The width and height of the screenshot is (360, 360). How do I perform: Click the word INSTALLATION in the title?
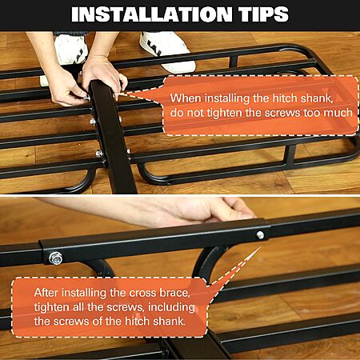152,14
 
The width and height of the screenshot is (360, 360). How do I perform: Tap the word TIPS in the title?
265,14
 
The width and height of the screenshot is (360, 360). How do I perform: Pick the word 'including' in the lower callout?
171,307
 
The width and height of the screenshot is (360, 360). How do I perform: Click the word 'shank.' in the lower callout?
170,322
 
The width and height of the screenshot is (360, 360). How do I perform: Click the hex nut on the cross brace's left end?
56,258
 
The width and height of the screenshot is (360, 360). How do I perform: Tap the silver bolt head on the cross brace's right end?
260,235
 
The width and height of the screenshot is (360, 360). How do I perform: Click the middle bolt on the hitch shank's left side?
93,122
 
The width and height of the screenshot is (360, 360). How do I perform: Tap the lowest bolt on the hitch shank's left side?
99,154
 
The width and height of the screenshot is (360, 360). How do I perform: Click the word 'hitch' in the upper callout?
285,98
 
